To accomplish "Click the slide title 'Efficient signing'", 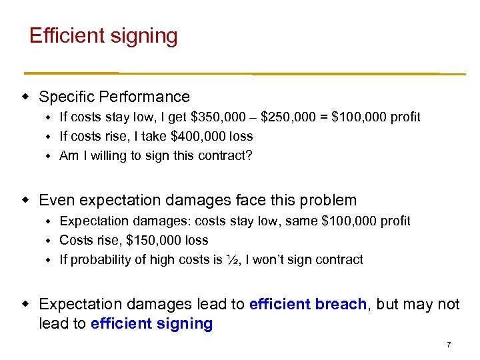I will [x=103, y=35].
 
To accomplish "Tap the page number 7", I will [x=449, y=345].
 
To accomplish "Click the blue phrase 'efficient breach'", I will [x=307, y=304].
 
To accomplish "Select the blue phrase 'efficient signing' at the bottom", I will [x=151, y=324].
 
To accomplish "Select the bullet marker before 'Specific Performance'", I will [x=25, y=97].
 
